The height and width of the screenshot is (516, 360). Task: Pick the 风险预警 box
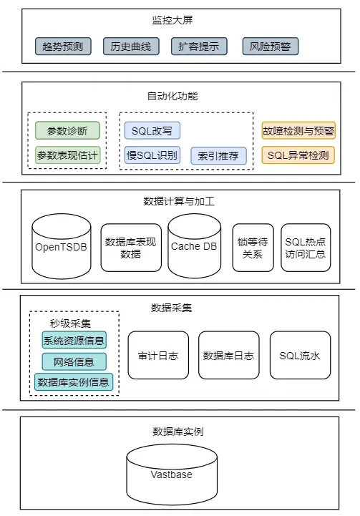coord(270,47)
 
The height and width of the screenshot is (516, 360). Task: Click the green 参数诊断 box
coord(67,131)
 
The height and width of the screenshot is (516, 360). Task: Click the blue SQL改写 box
coord(152,131)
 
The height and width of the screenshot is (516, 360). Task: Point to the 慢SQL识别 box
coord(152,155)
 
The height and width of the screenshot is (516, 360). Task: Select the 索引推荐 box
coord(219,155)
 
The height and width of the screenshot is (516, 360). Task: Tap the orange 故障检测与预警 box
coord(298,131)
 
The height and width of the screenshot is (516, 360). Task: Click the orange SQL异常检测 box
coord(298,155)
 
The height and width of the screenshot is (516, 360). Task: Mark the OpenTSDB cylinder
coord(62,245)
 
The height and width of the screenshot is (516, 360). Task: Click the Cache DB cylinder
coord(194,245)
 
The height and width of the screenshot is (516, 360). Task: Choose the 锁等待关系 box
coord(253,247)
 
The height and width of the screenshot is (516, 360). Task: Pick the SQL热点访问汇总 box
coord(306,247)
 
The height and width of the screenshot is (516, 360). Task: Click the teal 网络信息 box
coord(74,361)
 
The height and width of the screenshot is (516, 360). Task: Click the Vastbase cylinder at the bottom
coord(172,474)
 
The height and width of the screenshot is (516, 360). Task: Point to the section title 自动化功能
coord(172,96)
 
